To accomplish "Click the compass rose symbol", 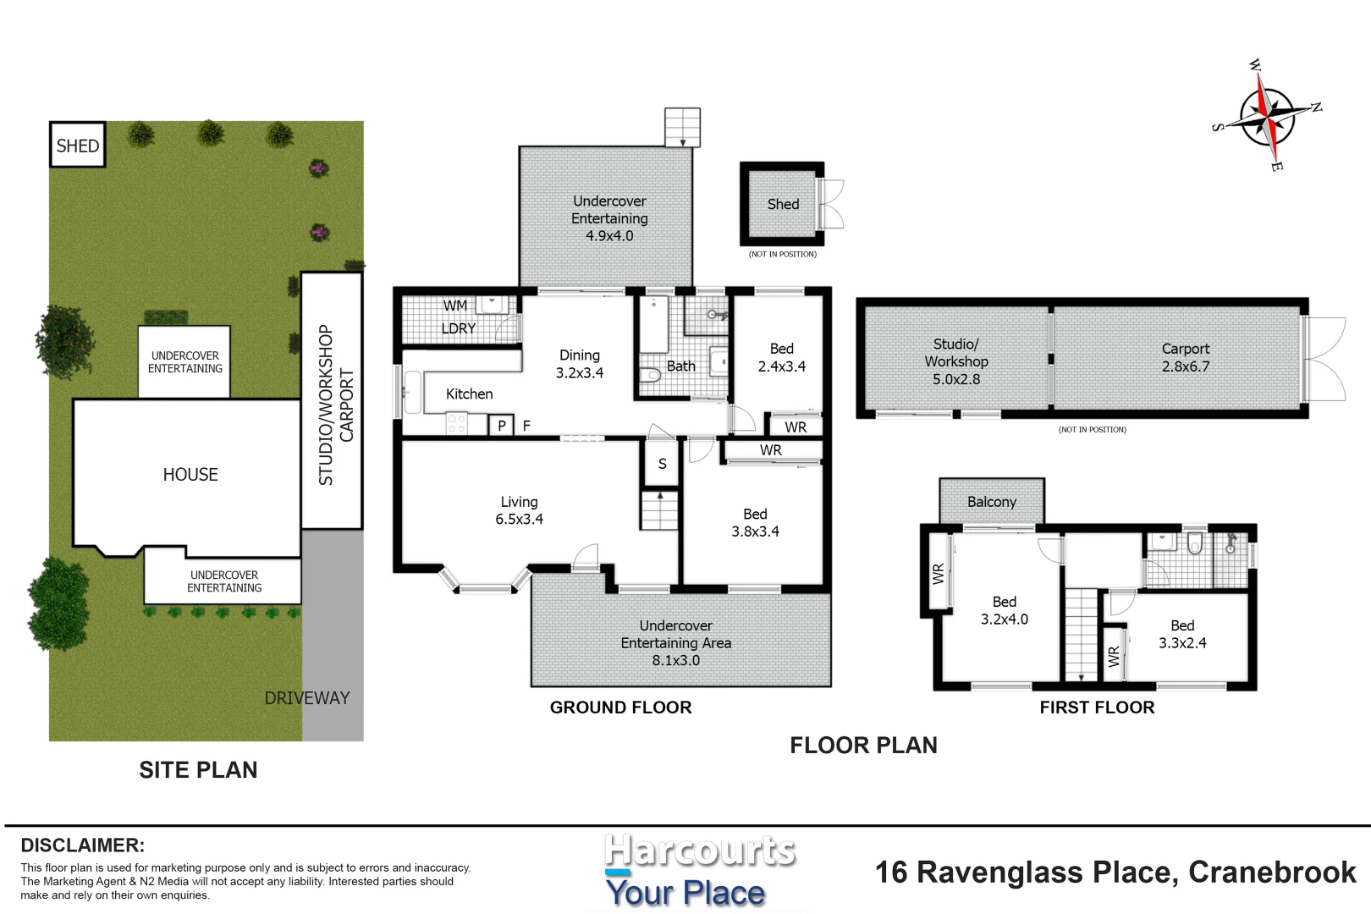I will click(1268, 117).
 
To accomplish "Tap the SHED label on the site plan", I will click(78, 146).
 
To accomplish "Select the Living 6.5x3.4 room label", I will click(519, 510).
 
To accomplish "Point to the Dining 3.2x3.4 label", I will click(580, 364).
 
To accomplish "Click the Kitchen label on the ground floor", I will click(469, 394).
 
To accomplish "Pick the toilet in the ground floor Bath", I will click(650, 375).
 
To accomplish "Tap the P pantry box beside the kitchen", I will click(502, 426).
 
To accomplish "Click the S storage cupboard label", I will click(662, 464).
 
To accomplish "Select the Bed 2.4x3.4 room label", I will click(781, 357).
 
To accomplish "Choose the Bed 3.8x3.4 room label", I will click(755, 522).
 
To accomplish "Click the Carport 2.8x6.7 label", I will click(1185, 357).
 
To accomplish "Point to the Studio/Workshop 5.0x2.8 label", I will click(956, 361).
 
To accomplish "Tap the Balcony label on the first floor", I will click(991, 502).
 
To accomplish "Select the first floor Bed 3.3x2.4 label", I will click(1182, 634).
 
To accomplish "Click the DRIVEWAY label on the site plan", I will click(306, 698).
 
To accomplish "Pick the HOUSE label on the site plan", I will click(190, 475).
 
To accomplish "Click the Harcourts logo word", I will click(699, 851).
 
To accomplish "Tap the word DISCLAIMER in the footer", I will click(82, 845).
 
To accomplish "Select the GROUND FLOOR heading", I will click(620, 708).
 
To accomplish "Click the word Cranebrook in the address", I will click(1271, 873).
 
